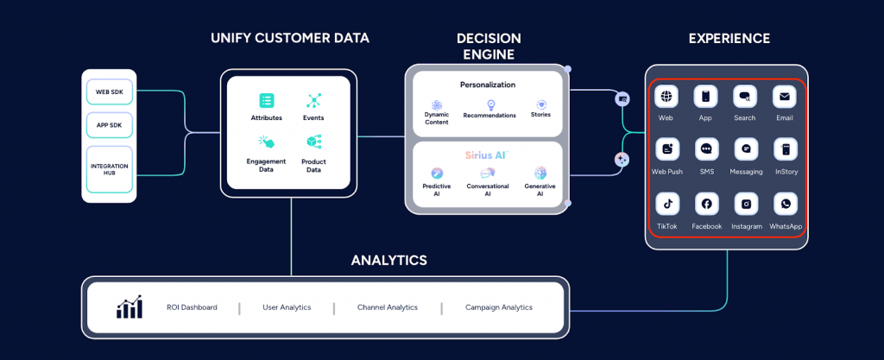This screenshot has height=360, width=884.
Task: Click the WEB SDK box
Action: pyautogui.click(x=110, y=91)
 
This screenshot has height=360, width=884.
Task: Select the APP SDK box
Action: pyautogui.click(x=110, y=124)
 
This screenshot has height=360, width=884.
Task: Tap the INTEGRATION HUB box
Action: pyautogui.click(x=110, y=164)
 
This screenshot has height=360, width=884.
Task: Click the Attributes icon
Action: pyautogui.click(x=267, y=101)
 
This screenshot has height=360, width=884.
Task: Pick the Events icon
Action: pyautogui.click(x=313, y=101)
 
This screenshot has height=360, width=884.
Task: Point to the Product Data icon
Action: pyautogui.click(x=313, y=142)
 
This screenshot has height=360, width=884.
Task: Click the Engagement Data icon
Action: pyautogui.click(x=267, y=142)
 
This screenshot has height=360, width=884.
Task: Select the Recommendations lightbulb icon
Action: pyautogui.click(x=489, y=104)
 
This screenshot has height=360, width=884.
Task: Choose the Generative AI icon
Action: pyautogui.click(x=540, y=173)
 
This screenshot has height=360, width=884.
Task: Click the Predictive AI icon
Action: pyautogui.click(x=437, y=173)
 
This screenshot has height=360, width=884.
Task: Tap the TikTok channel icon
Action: pyautogui.click(x=666, y=204)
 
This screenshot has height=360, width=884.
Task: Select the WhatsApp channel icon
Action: pyautogui.click(x=786, y=204)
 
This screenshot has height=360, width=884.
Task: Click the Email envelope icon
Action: pyautogui.click(x=785, y=96)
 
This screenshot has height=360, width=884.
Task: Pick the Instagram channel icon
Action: pyautogui.click(x=746, y=204)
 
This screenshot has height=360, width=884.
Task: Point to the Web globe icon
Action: pyautogui.click(x=666, y=96)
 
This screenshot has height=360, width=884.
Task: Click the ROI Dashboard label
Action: pyautogui.click(x=192, y=307)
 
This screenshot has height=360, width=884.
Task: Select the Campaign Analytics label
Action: pyautogui.click(x=499, y=307)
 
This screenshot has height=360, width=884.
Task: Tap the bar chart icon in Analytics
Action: pyautogui.click(x=129, y=307)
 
